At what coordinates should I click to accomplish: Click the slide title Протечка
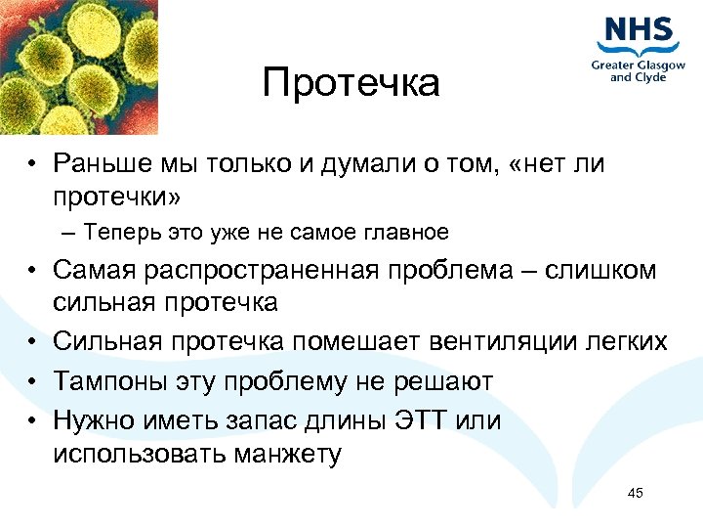[x=351, y=84]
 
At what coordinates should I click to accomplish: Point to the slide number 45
[x=635, y=493]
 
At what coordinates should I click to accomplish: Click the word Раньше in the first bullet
[x=100, y=164]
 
